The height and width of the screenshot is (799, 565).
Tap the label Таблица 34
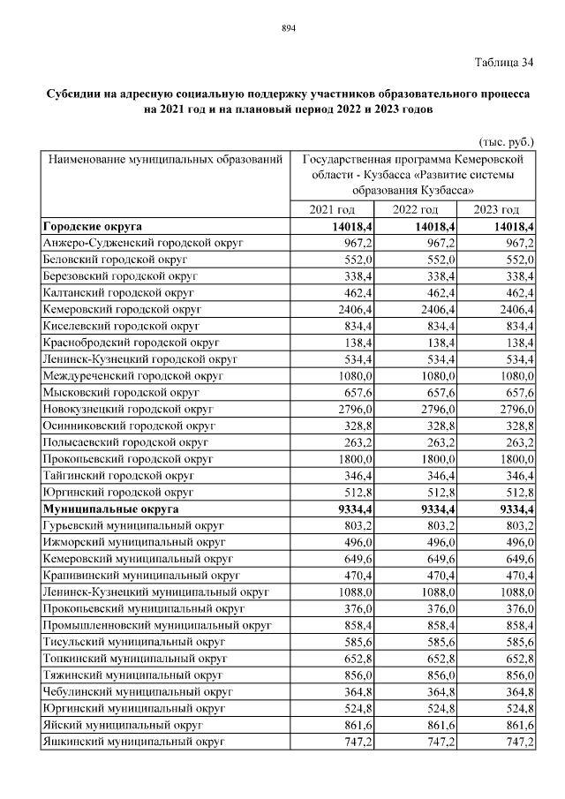click(504, 62)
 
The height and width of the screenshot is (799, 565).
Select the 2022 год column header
click(415, 209)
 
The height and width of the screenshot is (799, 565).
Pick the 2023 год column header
click(497, 209)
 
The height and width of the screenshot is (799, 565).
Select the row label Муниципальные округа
click(110, 509)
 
